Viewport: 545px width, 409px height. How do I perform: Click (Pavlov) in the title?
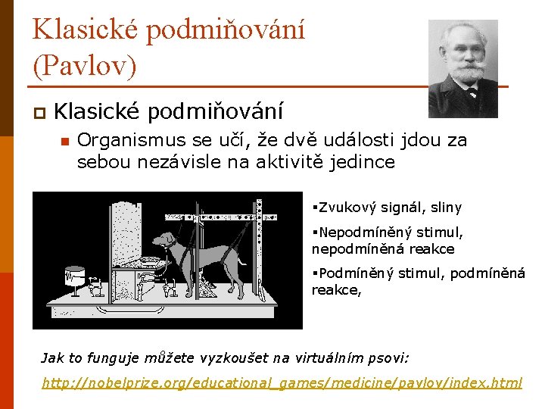(85, 66)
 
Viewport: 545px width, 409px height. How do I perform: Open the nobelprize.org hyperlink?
(282, 383)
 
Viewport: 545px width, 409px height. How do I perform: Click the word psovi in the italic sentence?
(387, 357)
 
